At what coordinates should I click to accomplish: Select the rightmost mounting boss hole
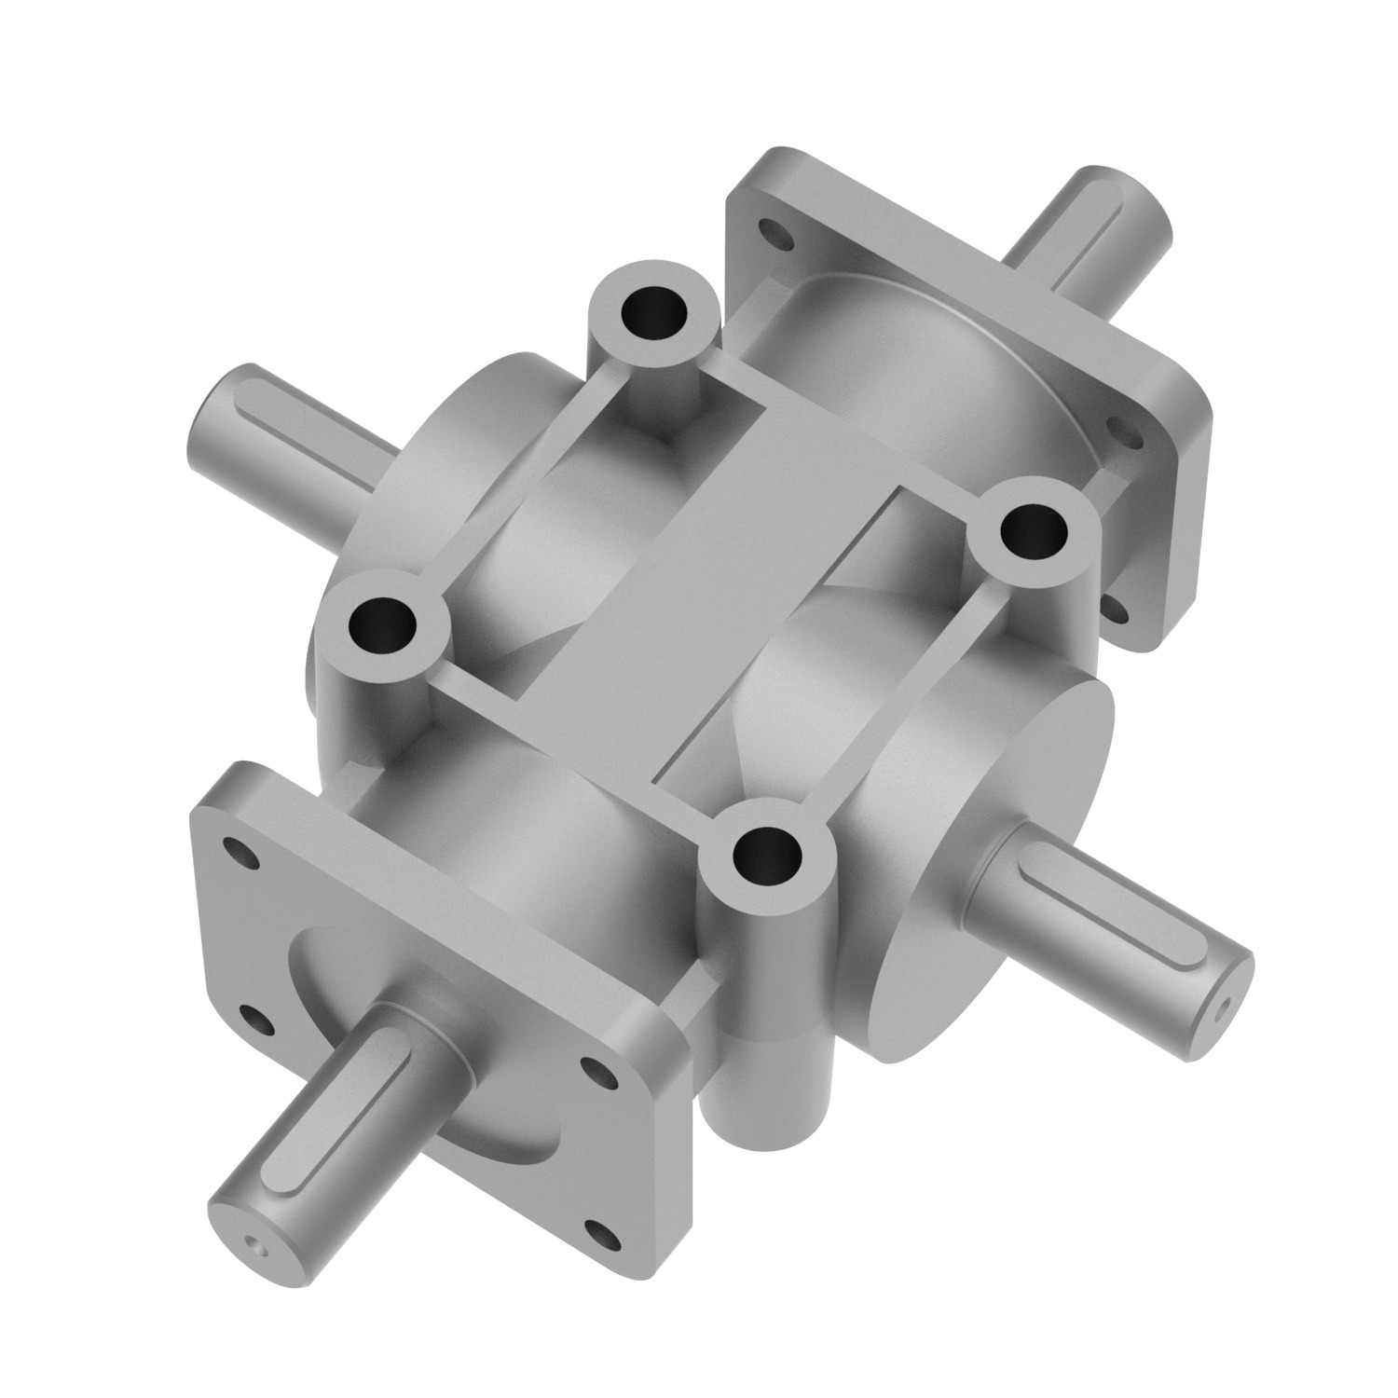click(1034, 533)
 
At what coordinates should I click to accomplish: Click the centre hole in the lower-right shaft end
click(1224, 1005)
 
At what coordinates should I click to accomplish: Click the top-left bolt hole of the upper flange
click(771, 227)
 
